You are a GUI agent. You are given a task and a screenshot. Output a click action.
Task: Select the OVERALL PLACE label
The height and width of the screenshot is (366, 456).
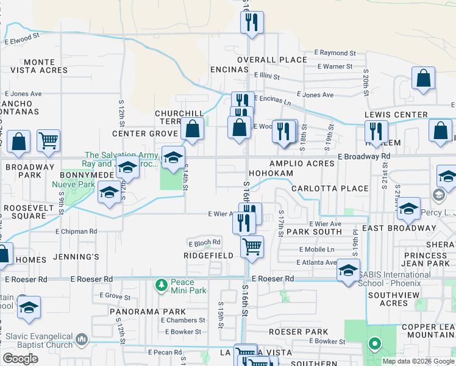271,59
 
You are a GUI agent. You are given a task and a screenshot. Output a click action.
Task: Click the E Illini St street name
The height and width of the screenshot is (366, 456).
265,77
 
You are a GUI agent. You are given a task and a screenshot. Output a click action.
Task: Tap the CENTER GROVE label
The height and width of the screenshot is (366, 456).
144,134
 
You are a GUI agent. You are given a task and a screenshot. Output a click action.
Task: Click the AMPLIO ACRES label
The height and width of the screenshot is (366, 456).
302,163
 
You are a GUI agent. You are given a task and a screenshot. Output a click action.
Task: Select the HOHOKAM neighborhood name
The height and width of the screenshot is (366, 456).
269,173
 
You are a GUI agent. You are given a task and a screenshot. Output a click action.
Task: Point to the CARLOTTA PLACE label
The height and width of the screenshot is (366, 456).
329,188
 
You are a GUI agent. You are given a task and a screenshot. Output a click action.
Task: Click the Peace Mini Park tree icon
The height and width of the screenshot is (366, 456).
161,285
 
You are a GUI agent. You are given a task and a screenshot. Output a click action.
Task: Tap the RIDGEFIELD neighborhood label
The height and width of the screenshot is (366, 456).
209,256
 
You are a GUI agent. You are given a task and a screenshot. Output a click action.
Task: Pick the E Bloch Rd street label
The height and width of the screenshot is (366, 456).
203,243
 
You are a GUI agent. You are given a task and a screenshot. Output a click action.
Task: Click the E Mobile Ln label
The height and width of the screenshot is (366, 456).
316,249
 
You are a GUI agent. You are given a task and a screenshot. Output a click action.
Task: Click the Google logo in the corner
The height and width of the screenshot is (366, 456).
20,359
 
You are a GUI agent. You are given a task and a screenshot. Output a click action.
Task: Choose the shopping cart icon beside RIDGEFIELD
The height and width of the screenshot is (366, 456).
252,248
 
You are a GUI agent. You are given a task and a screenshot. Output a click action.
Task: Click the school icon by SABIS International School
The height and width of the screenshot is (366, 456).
348,270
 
